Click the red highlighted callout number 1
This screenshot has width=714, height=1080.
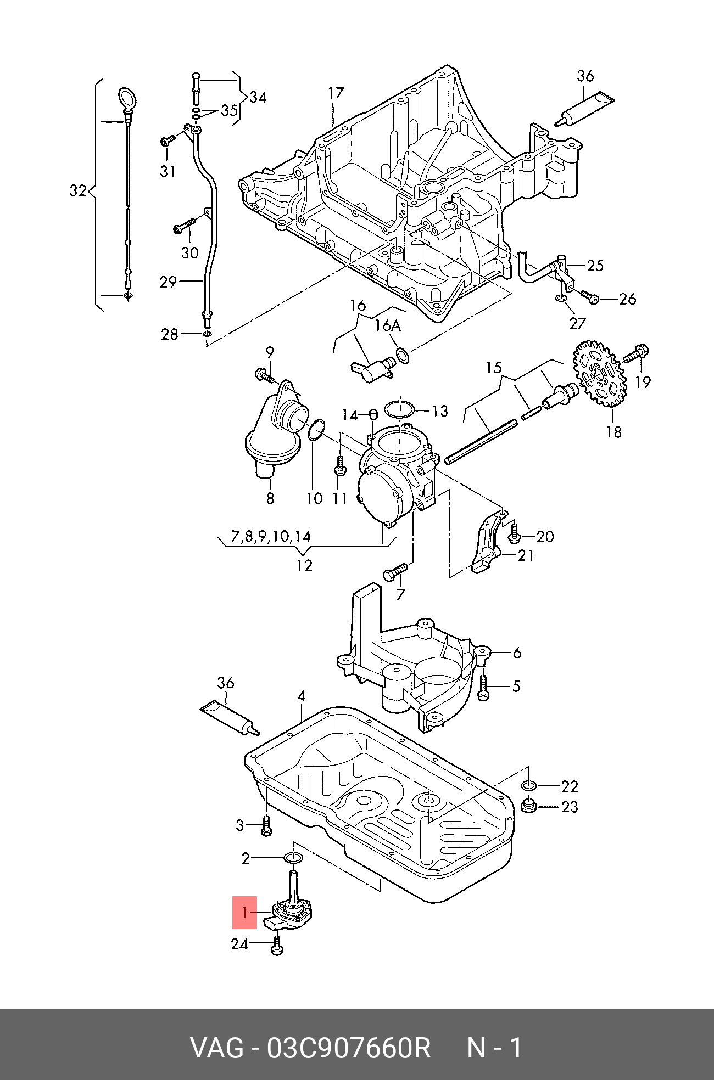(x=244, y=913)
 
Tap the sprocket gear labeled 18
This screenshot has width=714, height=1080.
(x=599, y=374)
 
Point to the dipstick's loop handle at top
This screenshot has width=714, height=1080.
(x=127, y=98)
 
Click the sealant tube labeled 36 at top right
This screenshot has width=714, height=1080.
(x=584, y=109)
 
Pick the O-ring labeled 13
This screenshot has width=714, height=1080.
(x=399, y=409)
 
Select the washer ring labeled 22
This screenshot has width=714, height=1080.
(x=529, y=786)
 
